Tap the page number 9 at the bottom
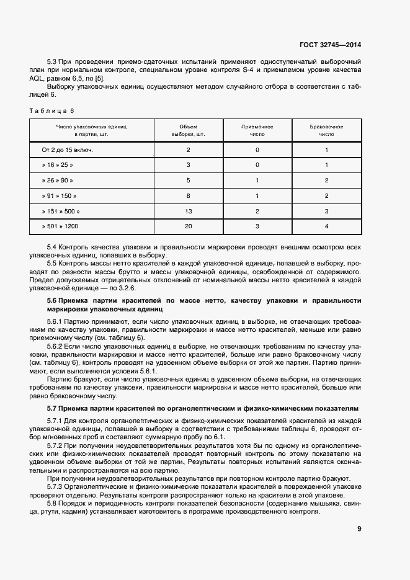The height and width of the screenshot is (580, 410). tap(359, 529)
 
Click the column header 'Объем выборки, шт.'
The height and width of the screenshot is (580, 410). tap(188, 130)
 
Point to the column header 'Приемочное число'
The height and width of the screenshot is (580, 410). tap(257, 130)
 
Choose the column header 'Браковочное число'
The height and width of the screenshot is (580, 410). tap(326, 130)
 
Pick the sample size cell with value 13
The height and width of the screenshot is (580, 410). tap(188, 211)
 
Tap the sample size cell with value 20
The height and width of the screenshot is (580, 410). tap(188, 226)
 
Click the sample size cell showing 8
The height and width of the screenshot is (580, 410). tap(188, 195)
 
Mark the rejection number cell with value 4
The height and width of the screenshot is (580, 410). tap(326, 226)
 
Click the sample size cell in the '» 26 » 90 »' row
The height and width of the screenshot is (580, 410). tap(188, 181)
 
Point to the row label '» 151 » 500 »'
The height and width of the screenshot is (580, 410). tap(61, 211)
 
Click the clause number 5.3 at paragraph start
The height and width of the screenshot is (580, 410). tap(53, 62)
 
